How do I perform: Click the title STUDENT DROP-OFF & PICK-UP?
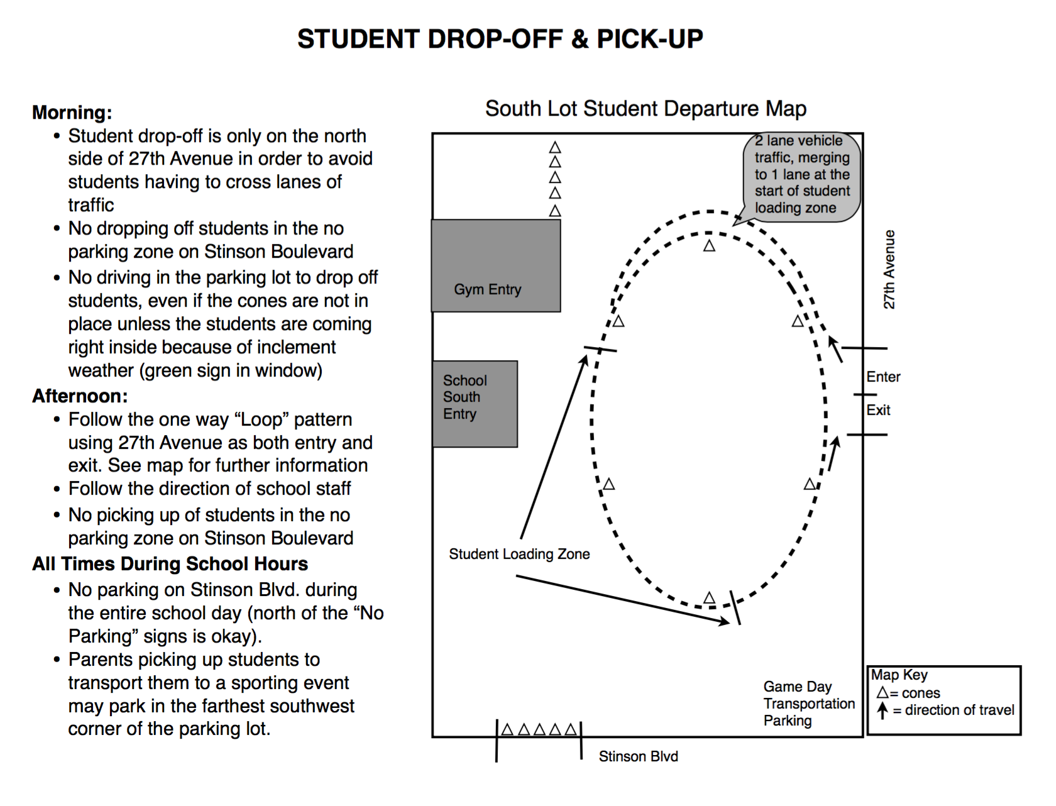coord(500,39)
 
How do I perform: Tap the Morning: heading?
coord(72,113)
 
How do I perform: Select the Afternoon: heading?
coord(80,396)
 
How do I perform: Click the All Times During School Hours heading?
coord(170,563)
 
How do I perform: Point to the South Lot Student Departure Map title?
coord(646,109)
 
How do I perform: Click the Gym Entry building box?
coord(496,265)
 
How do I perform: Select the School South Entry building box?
coord(475,404)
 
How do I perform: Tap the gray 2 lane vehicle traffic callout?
coord(801,177)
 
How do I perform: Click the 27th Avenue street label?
coord(889,270)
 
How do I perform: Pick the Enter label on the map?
coord(883,377)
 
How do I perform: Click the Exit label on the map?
coord(879,410)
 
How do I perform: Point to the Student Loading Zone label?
coord(519,554)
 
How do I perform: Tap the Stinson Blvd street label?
coord(639,756)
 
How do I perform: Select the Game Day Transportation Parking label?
coord(809,704)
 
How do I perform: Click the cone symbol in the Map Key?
coord(883,692)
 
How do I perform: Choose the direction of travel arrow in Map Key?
coord(883,710)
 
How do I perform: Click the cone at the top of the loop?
coord(709,245)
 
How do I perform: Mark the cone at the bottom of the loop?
coord(709,598)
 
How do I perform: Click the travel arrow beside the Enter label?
coord(835,350)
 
